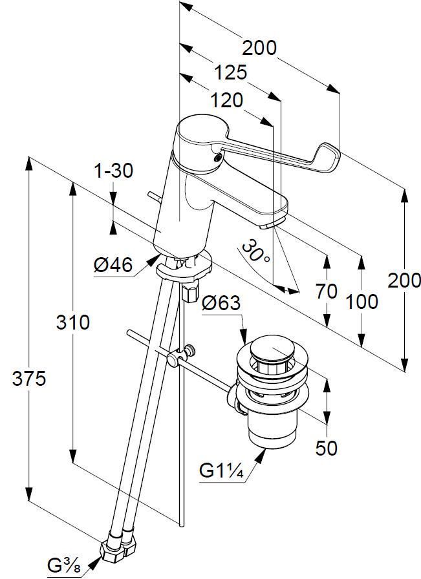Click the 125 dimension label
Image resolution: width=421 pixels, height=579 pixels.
(x=231, y=72)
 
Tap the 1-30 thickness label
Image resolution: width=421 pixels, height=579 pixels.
(x=113, y=171)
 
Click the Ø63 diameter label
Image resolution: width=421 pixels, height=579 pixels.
(x=221, y=303)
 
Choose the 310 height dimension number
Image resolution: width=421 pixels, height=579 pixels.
(x=72, y=322)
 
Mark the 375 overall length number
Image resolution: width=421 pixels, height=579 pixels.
(x=29, y=379)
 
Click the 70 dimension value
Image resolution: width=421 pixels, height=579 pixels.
(x=327, y=291)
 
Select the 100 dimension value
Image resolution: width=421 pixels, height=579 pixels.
(x=362, y=301)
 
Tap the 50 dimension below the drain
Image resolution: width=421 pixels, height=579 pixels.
(x=327, y=448)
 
